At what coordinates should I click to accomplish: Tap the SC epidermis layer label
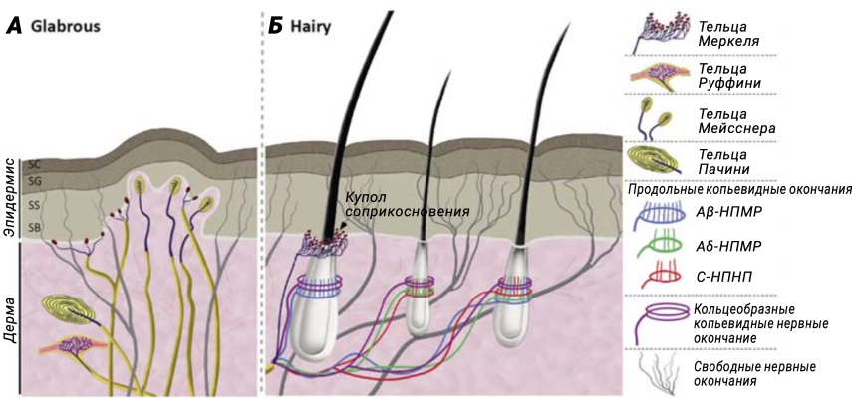pyautogui.click(x=35, y=163)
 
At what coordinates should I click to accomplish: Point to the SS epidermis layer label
pyautogui.click(x=35, y=205)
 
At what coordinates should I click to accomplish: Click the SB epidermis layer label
pyautogui.click(x=35, y=228)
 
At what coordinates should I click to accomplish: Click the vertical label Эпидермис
pyautogui.click(x=10, y=194)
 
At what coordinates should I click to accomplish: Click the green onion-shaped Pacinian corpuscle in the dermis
pyautogui.click(x=71, y=312)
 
